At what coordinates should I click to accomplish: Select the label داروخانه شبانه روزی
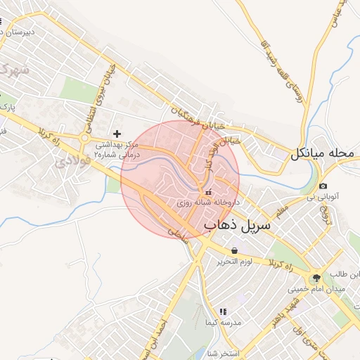tap(207, 202)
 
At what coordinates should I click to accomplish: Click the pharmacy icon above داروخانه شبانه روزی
tap(207, 192)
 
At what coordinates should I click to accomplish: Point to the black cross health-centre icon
tap(117, 133)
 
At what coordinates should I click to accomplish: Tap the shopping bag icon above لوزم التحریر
tap(233, 250)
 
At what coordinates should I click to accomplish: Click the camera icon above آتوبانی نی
tap(323, 186)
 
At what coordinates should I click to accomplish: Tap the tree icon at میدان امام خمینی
tap(316, 278)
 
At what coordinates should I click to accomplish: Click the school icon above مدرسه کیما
tap(223, 311)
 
